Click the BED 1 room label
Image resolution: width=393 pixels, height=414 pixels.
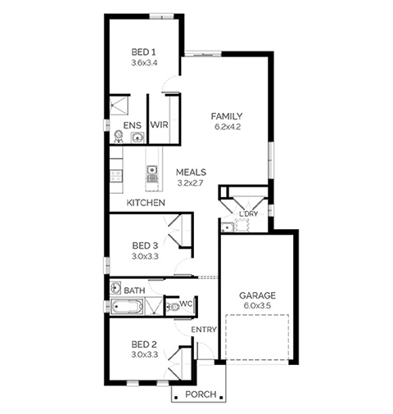tap(143, 52)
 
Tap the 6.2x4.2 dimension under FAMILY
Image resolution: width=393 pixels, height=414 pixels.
tap(228, 127)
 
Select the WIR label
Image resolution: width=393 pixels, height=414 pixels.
tap(160, 125)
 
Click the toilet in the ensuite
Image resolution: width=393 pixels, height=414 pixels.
tap(119, 137)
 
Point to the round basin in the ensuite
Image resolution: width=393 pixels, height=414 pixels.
tap(138, 137)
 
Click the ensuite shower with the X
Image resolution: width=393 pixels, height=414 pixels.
tap(119, 106)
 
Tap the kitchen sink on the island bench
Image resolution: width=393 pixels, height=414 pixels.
tap(151, 170)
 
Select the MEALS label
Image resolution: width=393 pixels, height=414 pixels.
tap(191, 173)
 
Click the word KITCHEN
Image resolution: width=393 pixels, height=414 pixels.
tap(146, 203)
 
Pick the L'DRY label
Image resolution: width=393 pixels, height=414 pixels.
tap(248, 214)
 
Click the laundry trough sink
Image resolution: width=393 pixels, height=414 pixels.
tap(227, 227)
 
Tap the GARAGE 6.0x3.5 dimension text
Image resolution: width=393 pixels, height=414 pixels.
tap(257, 306)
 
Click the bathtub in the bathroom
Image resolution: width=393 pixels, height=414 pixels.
tap(127, 308)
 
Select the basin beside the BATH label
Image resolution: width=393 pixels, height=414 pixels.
tap(115, 288)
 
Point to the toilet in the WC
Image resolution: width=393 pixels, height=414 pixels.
tap(173, 308)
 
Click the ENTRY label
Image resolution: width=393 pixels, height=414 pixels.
tap(204, 330)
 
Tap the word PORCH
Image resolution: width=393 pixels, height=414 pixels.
tap(201, 394)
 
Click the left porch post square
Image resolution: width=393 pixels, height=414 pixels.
tap(176, 397)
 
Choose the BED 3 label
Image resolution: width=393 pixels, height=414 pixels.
tap(145, 245)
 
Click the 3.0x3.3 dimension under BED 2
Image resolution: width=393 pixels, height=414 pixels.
tap(145, 355)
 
